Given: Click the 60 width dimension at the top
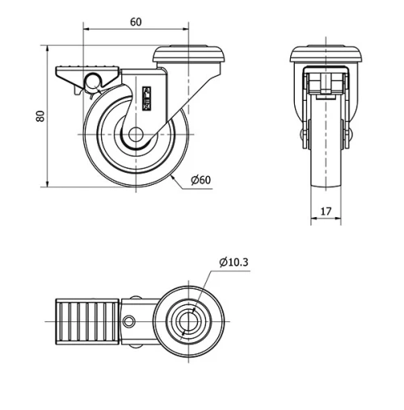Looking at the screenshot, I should click(135, 22).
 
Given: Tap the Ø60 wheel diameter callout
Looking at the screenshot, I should click(201, 179).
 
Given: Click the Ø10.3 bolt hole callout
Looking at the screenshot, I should click(234, 261).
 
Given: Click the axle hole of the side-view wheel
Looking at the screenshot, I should click(134, 136).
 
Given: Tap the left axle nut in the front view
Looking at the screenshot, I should click(304, 134).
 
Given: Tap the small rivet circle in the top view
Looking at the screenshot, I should click(129, 324).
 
